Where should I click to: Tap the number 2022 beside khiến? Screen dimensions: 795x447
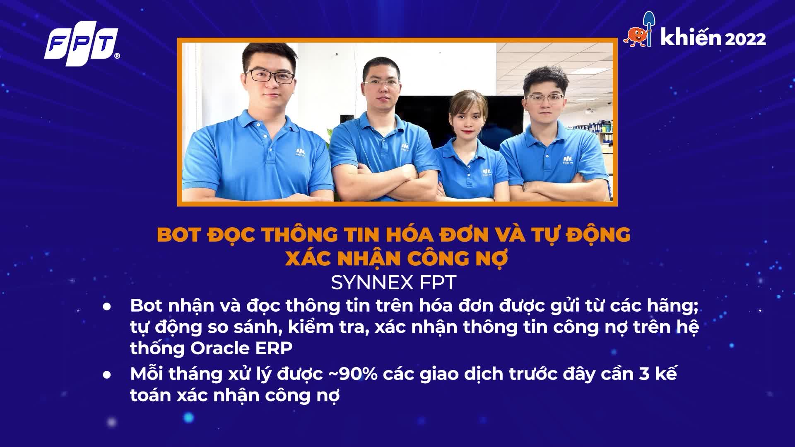[x=745, y=39]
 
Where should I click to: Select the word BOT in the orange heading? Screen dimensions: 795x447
[x=178, y=235]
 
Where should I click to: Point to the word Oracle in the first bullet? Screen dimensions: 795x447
[x=219, y=348]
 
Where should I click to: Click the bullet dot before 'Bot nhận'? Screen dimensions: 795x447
[x=108, y=307]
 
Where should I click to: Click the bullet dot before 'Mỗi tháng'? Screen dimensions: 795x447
[x=108, y=375]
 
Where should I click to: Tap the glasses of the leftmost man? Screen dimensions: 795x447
[x=270, y=76]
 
